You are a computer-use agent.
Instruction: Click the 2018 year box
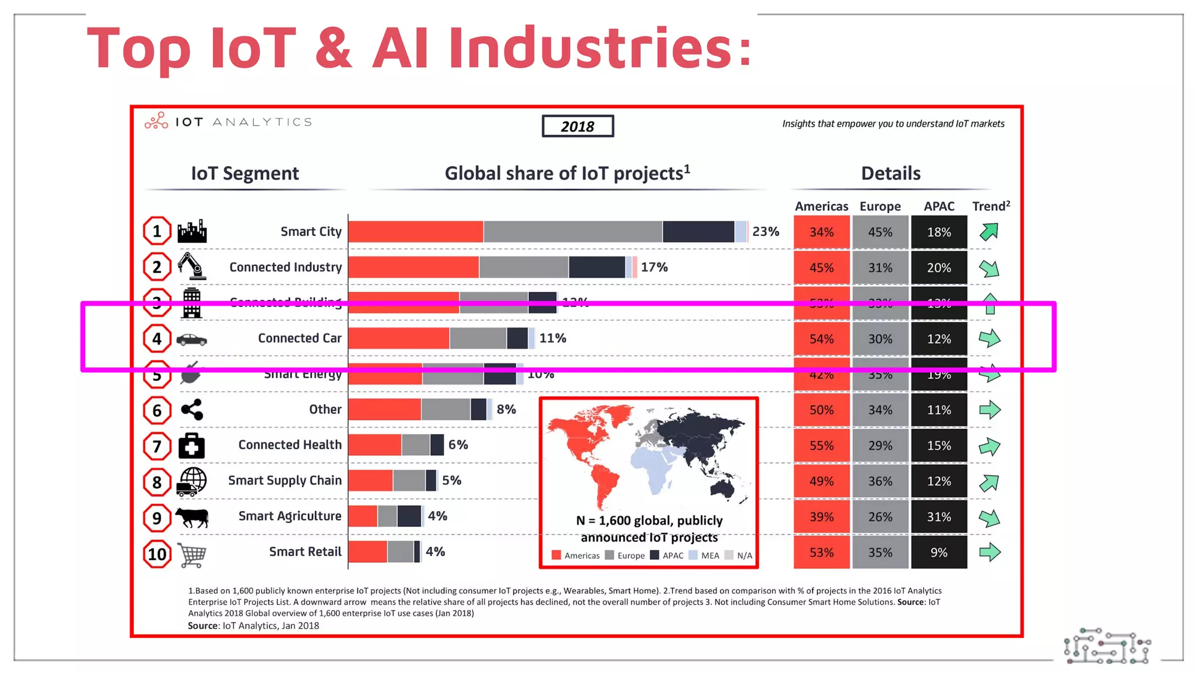[578, 126]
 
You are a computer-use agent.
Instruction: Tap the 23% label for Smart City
[766, 232]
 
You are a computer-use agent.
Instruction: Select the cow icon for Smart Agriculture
[192, 517]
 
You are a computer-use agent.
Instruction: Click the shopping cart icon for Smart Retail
[192, 554]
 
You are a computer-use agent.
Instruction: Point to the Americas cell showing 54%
[821, 339]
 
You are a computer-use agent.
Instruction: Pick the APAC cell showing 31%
[938, 517]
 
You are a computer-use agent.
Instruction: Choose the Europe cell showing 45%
[880, 232]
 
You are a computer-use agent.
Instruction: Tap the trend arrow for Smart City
[989, 232]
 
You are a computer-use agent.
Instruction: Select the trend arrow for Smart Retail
[989, 553]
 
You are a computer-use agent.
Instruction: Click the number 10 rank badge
[157, 554]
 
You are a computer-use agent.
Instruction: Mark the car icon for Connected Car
[192, 339]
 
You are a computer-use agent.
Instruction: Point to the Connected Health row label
[290, 445]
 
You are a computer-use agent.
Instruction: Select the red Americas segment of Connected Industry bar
[413, 267]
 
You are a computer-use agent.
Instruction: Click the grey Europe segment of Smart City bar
[572, 232]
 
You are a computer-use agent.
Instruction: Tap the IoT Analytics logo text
[244, 122]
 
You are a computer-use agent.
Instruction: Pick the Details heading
[891, 174]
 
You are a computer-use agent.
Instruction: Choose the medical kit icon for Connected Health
[192, 446]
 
